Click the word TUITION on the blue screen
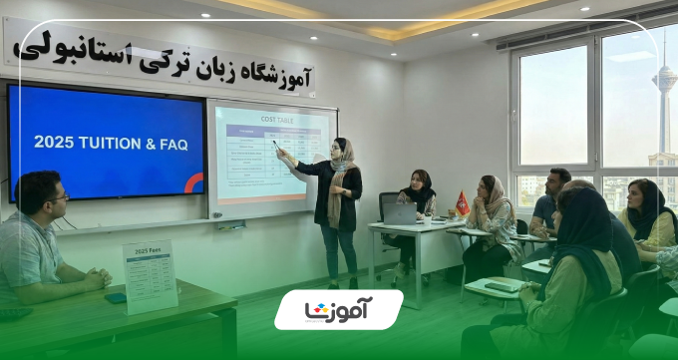coord(111,143)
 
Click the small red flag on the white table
coord(462,202)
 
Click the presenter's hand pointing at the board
coord(281,153)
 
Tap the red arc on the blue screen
coord(194,182)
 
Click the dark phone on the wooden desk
coord(117,297)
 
